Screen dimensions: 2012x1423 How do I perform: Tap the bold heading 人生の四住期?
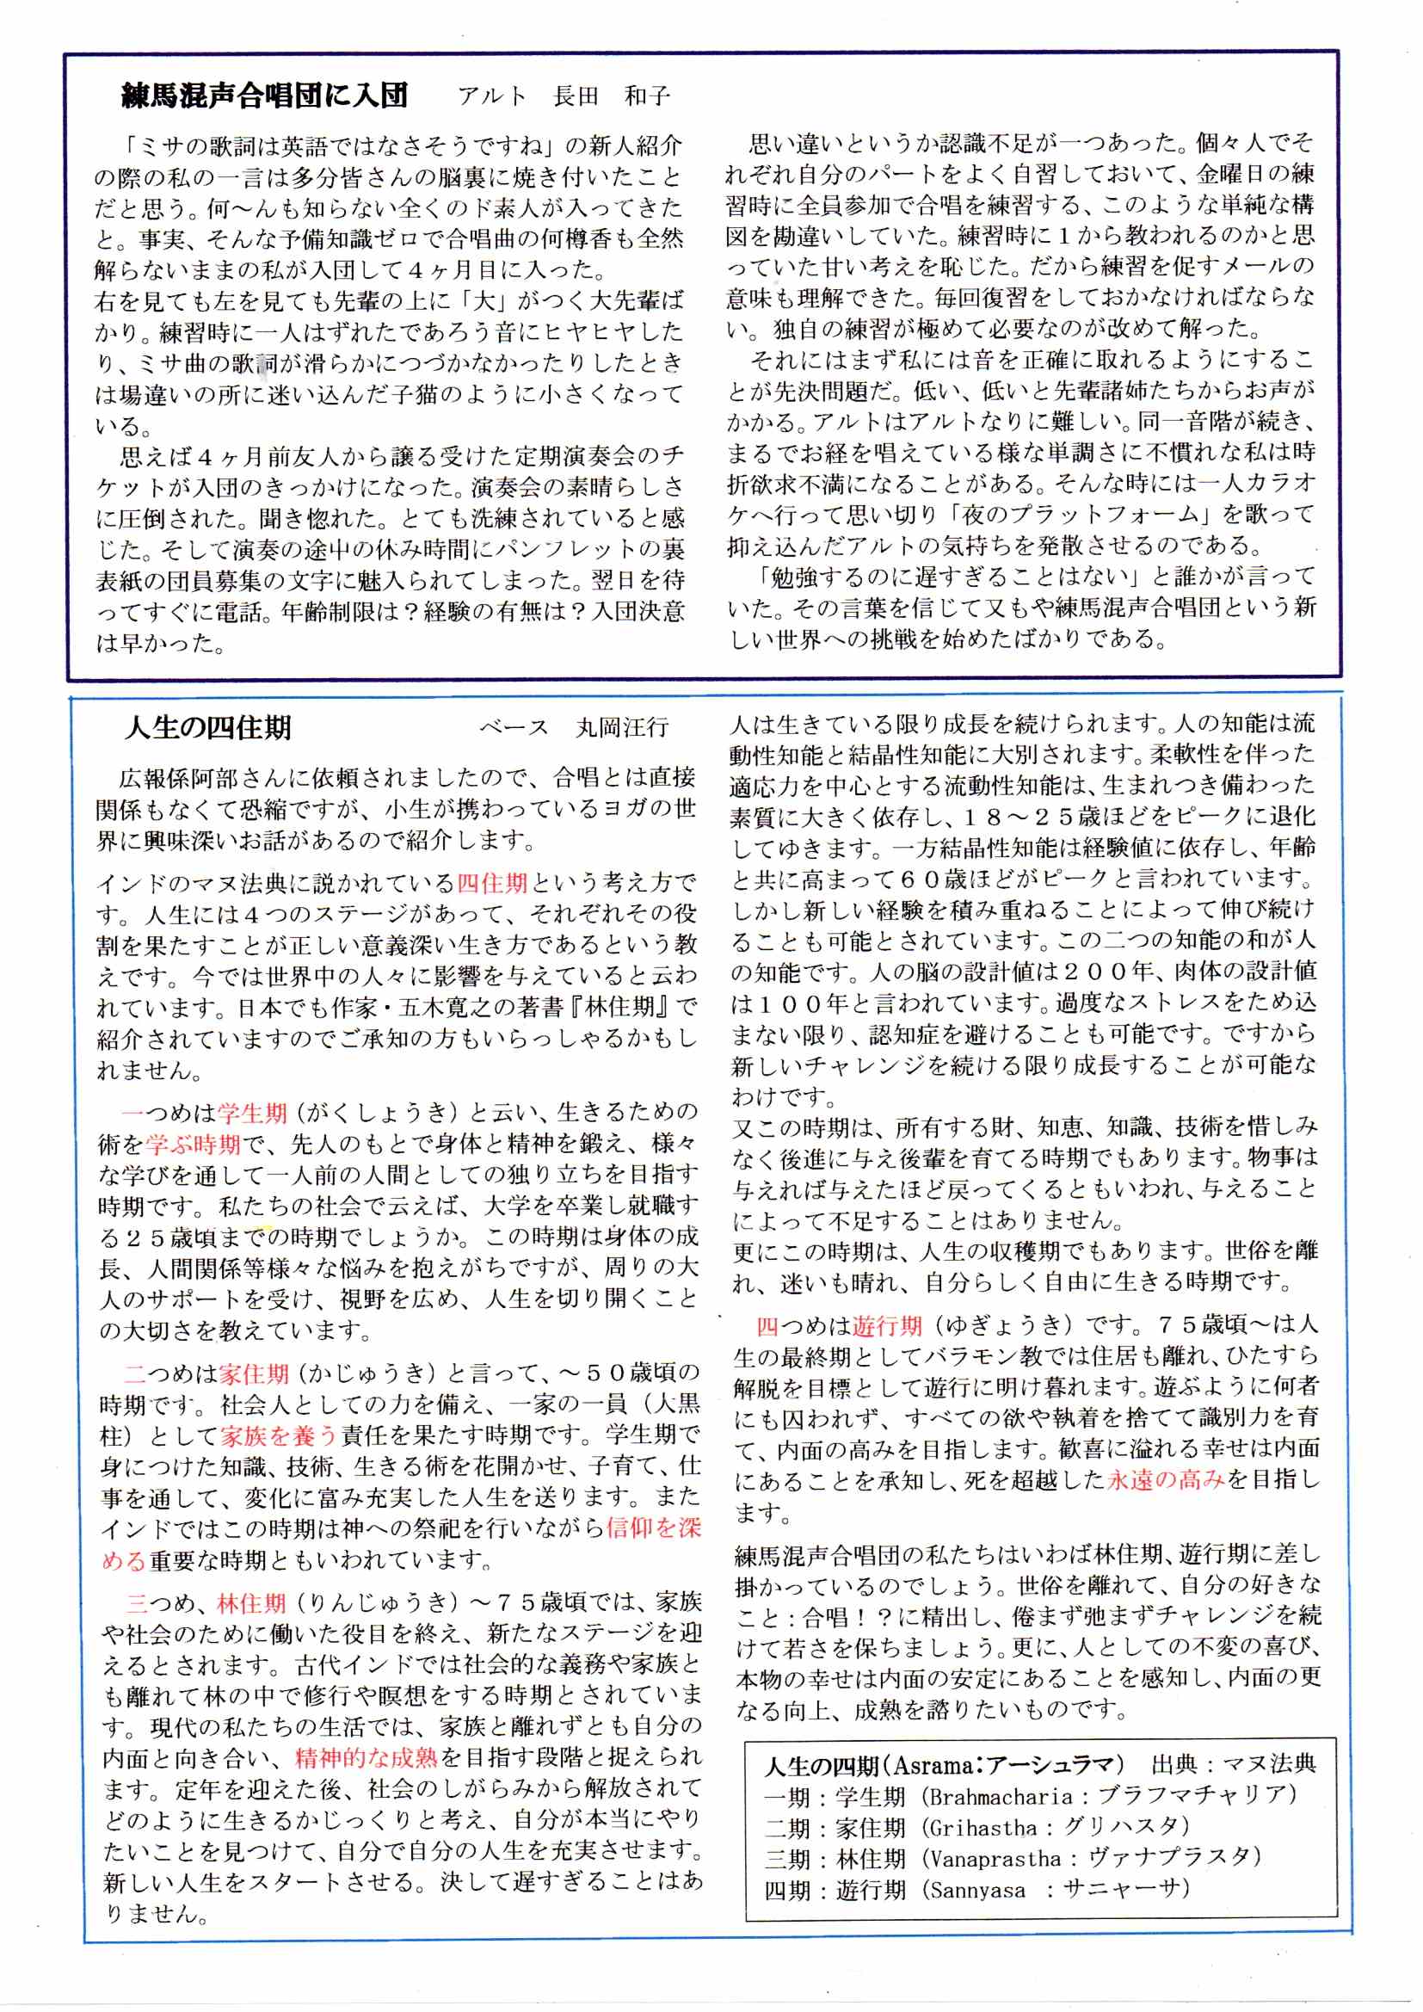pyautogui.click(x=208, y=727)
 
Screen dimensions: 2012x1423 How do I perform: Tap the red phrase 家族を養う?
pyautogui.click(x=279, y=1435)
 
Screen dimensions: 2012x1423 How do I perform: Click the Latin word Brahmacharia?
pyautogui.click(x=1001, y=1799)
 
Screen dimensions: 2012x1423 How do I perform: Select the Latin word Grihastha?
pyautogui.click(x=983, y=1828)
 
